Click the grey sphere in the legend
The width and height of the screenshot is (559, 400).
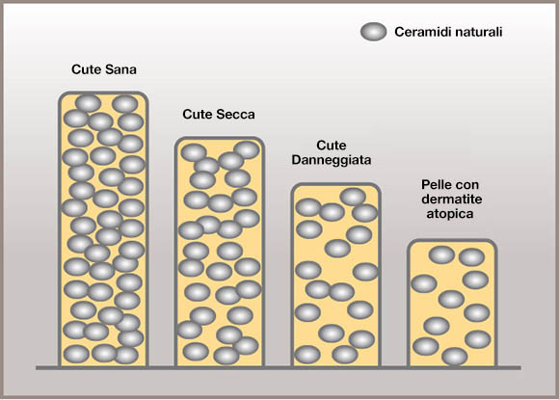[373, 32]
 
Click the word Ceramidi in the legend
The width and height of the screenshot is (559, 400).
[416, 32]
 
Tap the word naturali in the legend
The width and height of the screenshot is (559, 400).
[472, 32]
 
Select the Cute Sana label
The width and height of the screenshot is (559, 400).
[104, 69]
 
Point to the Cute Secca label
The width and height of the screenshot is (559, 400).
[219, 114]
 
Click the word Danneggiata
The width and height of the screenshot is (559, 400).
[332, 160]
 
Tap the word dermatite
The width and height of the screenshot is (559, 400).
[452, 199]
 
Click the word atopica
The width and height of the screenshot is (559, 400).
[450, 214]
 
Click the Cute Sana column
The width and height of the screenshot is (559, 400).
[103, 229]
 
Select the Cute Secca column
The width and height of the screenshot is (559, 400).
[220, 252]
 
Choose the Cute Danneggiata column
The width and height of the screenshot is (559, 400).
[336, 275]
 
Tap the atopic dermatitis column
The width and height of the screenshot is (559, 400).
[452, 303]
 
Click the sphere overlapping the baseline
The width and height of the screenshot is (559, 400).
[455, 357]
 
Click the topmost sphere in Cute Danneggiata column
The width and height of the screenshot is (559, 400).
[353, 197]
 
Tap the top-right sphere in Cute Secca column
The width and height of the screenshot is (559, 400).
[247, 149]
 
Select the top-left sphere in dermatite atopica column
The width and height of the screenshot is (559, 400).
[441, 254]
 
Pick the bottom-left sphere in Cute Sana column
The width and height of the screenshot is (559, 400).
[76, 355]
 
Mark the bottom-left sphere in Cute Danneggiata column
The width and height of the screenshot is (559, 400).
[307, 355]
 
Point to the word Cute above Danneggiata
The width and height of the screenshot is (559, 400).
[332, 146]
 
